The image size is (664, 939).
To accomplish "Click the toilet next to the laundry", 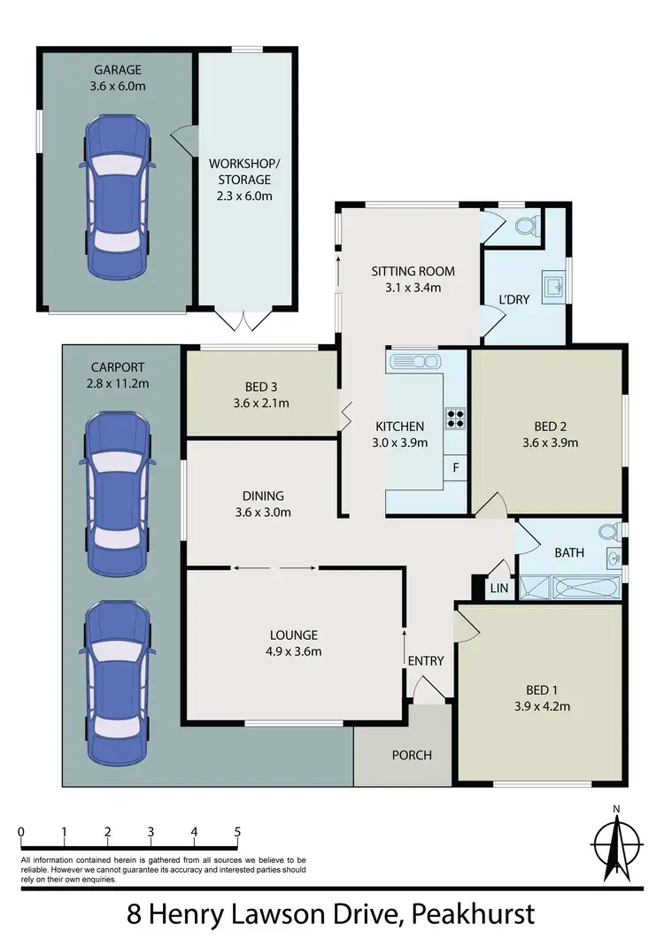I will click(x=523, y=227).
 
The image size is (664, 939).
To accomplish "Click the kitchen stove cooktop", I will click(x=456, y=417).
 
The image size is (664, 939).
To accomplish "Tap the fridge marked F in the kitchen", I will click(x=456, y=467).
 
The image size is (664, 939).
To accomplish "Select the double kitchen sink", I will click(x=414, y=361).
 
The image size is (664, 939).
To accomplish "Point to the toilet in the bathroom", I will click(x=608, y=533).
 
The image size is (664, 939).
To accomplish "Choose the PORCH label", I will click(x=412, y=755).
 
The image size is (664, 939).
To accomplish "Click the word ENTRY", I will click(x=425, y=660).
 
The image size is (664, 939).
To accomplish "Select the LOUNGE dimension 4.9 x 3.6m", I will click(x=294, y=652).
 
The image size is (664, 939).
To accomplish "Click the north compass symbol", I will click(x=615, y=845).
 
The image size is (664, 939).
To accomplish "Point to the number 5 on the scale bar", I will click(x=237, y=832).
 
